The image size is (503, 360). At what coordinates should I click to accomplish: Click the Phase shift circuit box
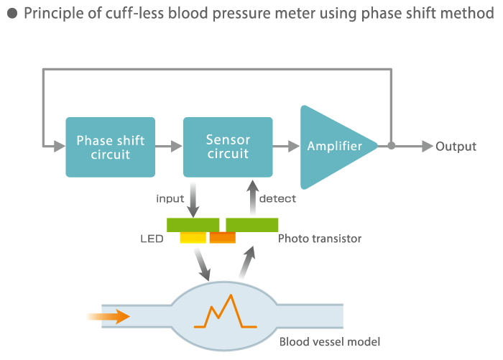(x=111, y=147)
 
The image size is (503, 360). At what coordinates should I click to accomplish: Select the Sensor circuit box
(x=228, y=147)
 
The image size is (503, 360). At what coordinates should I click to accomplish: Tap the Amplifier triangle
(x=333, y=147)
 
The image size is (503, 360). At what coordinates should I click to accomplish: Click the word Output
(x=456, y=147)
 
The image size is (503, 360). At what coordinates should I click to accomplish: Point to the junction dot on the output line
(x=391, y=146)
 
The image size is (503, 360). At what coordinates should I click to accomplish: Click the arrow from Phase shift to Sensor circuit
(x=169, y=147)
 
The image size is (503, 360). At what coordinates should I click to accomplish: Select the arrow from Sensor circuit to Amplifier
(x=287, y=147)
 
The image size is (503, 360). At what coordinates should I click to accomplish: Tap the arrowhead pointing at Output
(x=428, y=147)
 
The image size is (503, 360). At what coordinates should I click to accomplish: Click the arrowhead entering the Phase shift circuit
(x=60, y=147)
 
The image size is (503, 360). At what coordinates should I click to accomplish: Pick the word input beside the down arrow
(x=170, y=198)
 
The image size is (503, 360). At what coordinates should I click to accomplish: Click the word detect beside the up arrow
(x=277, y=198)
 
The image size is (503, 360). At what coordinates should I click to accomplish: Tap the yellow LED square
(x=193, y=237)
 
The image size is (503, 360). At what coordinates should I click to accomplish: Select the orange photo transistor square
(x=223, y=237)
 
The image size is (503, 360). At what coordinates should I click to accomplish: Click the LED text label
(x=152, y=239)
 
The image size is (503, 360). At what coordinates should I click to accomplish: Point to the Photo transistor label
(x=320, y=239)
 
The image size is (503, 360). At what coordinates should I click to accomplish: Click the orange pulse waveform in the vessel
(x=225, y=311)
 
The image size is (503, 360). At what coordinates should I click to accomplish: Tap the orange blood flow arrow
(x=109, y=317)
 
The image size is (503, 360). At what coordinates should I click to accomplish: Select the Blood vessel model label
(x=330, y=342)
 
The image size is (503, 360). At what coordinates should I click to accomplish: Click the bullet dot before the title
(x=12, y=14)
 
